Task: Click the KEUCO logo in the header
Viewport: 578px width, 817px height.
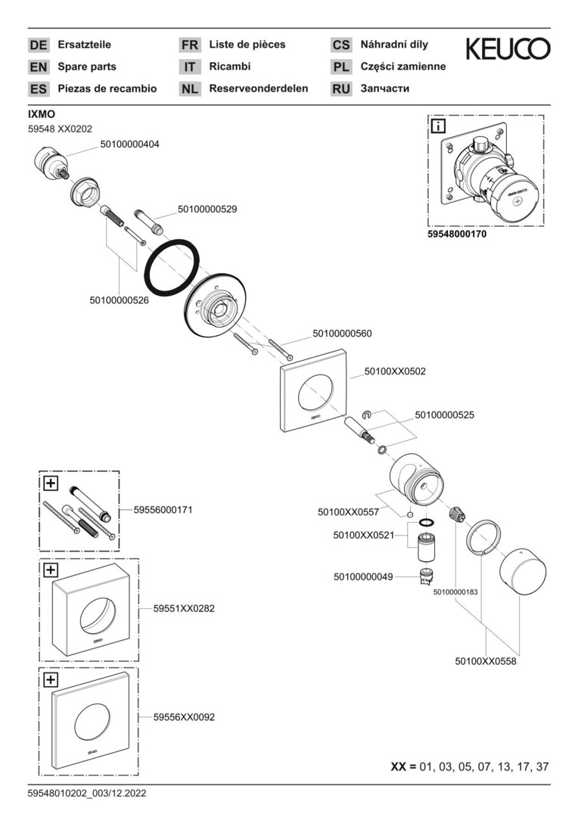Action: coord(508,50)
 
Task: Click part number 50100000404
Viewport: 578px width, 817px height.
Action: coord(129,143)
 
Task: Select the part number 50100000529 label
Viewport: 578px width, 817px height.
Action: coord(207,209)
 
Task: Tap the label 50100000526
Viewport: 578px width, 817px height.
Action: coord(119,300)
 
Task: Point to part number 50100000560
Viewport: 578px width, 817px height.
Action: coord(342,333)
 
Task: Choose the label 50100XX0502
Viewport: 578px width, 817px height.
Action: coord(395,371)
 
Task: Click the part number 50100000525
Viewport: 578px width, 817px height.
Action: coord(444,415)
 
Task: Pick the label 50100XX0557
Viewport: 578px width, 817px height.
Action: coord(349,512)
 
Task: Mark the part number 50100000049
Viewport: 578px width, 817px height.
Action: coord(363,576)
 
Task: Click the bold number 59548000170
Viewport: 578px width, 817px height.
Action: coord(457,235)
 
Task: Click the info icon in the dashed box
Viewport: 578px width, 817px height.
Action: coord(438,126)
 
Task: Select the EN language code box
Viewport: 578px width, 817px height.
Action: coord(38,67)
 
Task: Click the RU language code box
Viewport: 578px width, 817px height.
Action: coord(341,89)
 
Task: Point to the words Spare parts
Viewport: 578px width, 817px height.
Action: coord(87,67)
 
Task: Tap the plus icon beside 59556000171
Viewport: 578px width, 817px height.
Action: coord(50,482)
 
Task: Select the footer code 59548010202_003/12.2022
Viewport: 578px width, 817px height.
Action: coord(87,794)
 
